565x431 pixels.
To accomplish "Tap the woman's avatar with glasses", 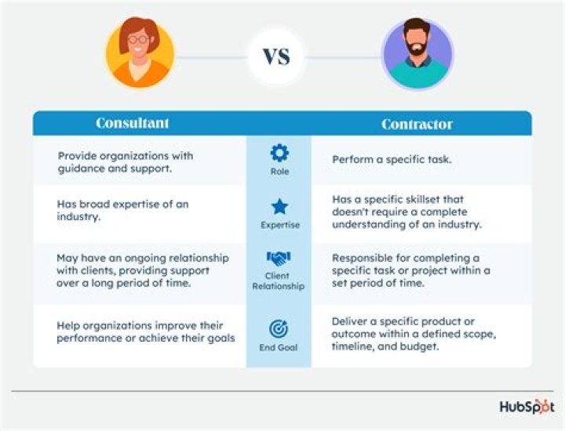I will tap(140, 53).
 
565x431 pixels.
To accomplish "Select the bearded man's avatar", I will tap(417, 55).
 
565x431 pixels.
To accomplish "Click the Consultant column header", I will tap(133, 123).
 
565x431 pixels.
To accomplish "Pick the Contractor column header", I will tap(417, 124).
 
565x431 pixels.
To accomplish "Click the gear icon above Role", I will tap(279, 153).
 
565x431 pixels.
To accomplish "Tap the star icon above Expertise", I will tap(279, 207).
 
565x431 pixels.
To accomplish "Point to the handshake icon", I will tap(279, 258).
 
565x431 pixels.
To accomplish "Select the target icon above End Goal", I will tap(279, 328).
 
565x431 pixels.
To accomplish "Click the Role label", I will tap(279, 171).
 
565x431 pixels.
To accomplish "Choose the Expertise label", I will tap(279, 225).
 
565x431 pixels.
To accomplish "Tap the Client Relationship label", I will tap(279, 281).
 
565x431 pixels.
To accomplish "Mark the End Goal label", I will tap(279, 346).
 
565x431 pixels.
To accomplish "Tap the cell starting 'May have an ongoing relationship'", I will tap(142, 270).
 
